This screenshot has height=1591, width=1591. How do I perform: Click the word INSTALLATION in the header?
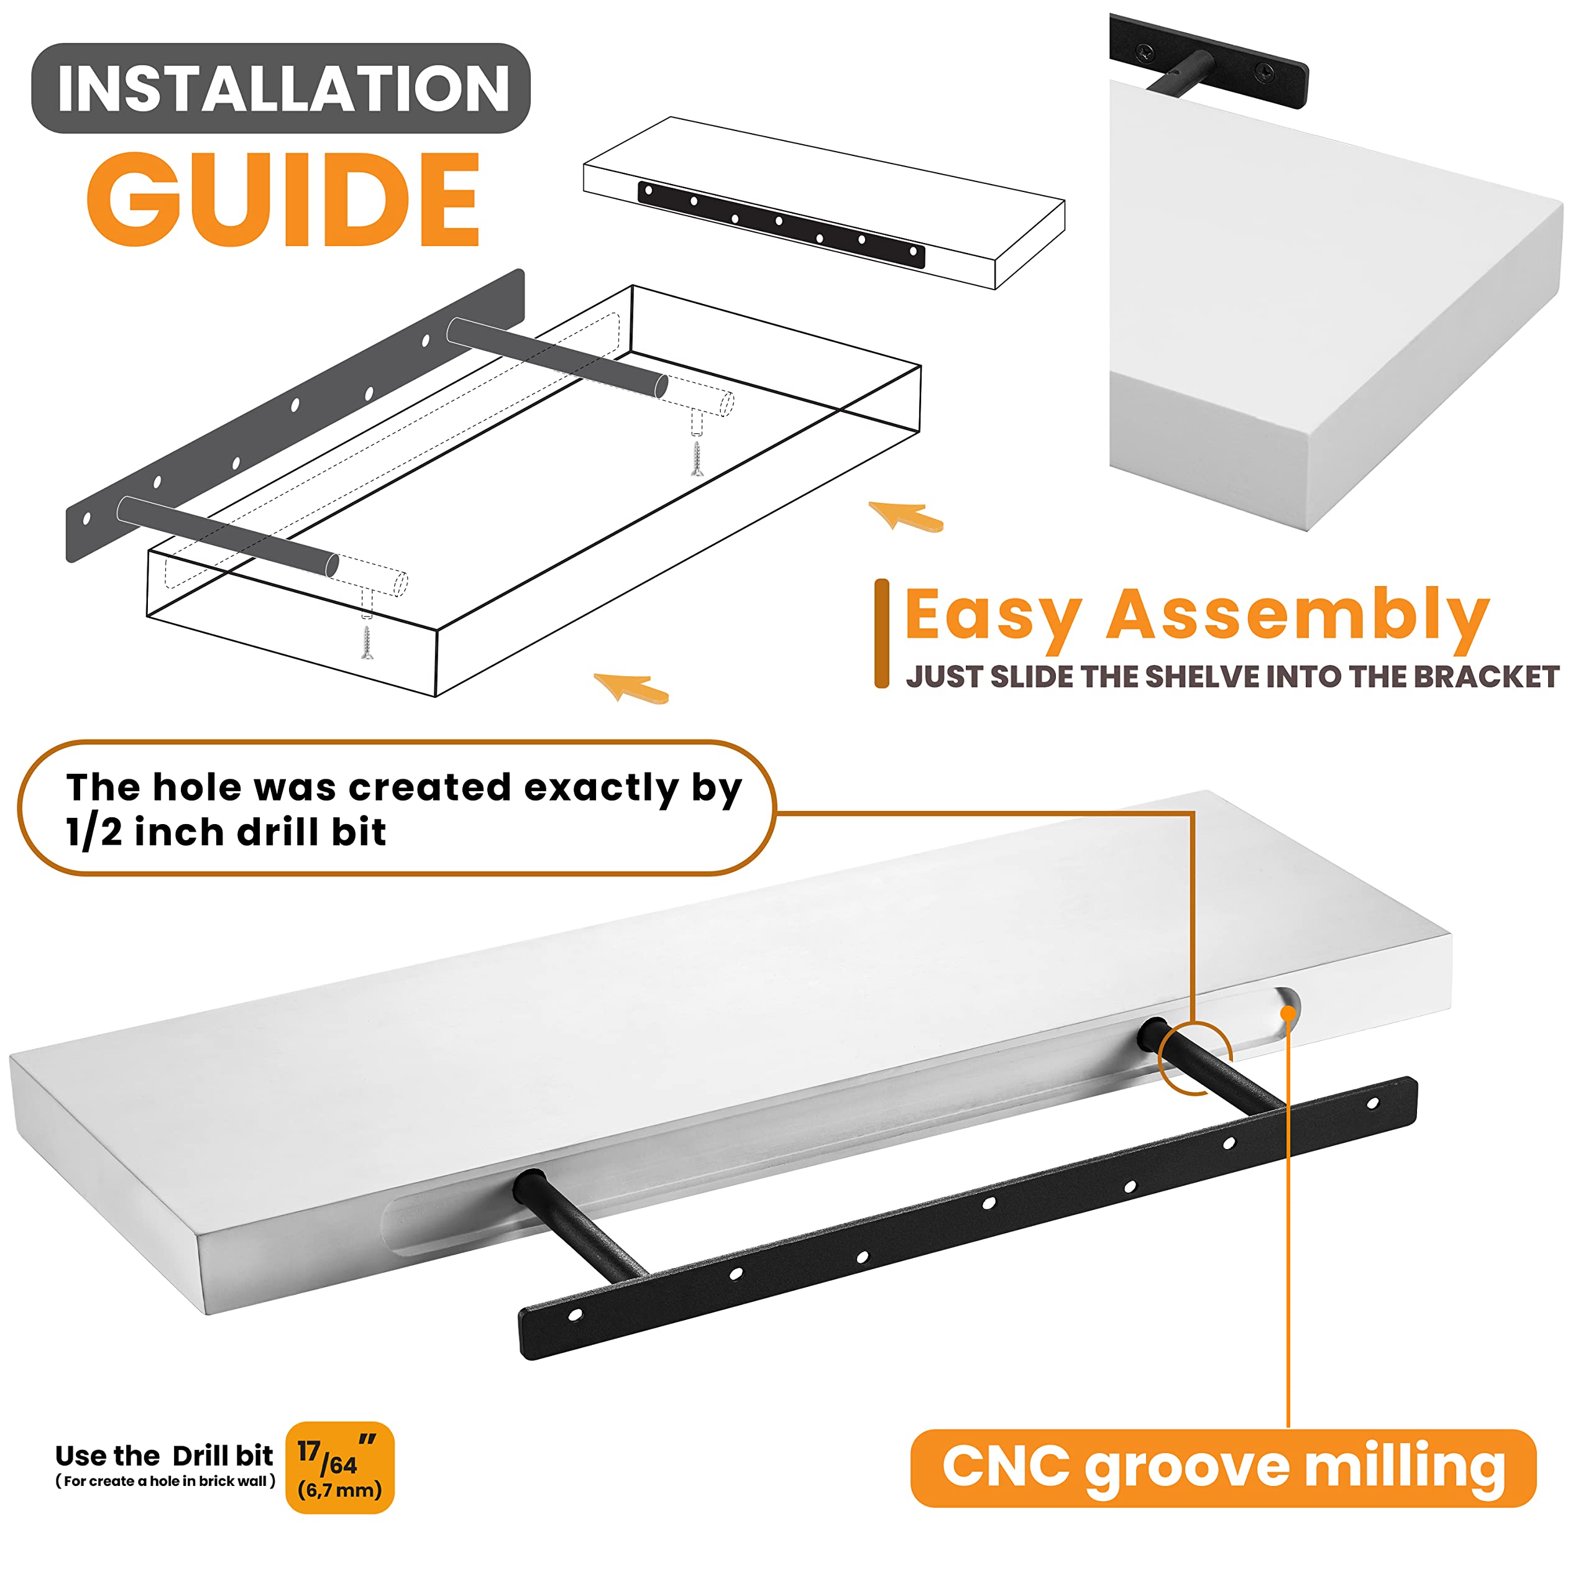pos(283,89)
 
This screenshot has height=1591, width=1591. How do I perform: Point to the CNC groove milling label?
pos(1223,1469)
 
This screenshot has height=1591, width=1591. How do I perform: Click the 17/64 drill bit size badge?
pos(339,1467)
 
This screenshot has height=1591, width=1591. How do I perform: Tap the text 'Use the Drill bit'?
pos(164,1456)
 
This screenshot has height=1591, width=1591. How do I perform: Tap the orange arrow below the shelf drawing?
pos(631,687)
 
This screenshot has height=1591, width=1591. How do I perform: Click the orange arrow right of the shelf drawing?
pos(906,516)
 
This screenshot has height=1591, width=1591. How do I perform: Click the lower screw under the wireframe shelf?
pos(367,643)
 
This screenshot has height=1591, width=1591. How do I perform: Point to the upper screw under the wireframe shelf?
pos(697,459)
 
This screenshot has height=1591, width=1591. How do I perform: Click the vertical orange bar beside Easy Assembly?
pos(881,633)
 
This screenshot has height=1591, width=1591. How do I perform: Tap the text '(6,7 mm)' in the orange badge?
pos(339,1490)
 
